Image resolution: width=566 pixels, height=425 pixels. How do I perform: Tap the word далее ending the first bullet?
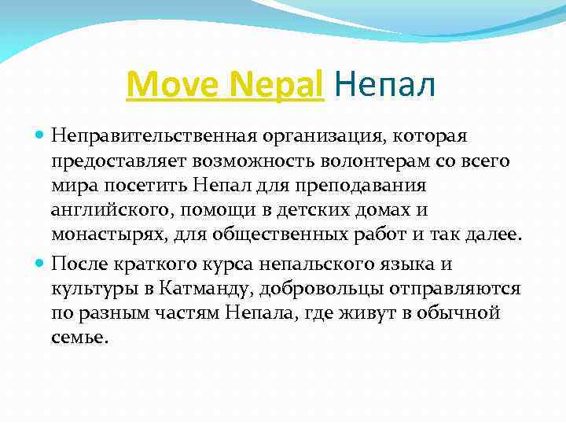489,235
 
